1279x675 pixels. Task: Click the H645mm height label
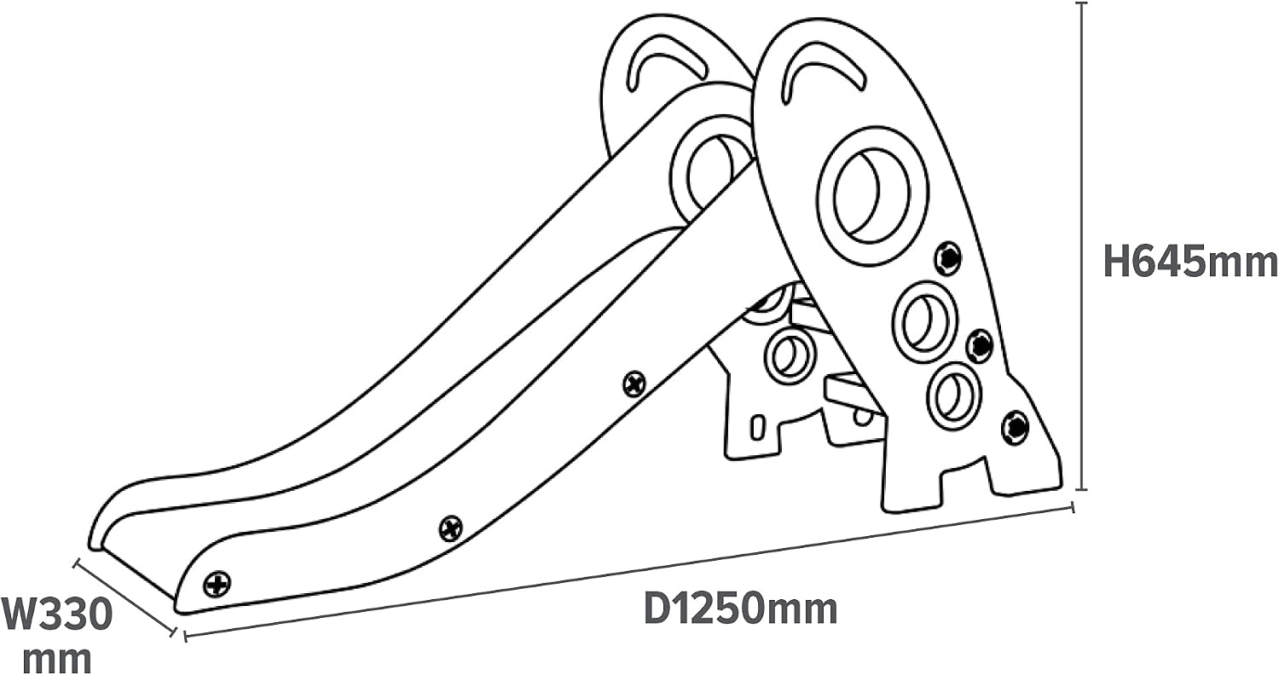click(x=1190, y=262)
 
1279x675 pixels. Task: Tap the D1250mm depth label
click(x=741, y=609)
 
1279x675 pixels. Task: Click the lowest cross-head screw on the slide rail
click(x=217, y=584)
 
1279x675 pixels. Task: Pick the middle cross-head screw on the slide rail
click(x=451, y=528)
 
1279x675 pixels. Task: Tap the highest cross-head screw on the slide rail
click(x=634, y=384)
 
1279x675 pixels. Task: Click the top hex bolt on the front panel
click(x=948, y=258)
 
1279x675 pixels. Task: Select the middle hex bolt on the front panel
click(x=980, y=346)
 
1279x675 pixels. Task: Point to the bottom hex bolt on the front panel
click(x=1016, y=427)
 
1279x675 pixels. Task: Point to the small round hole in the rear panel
click(x=790, y=355)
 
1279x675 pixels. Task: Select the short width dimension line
click(x=125, y=597)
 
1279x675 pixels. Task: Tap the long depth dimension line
click(x=628, y=571)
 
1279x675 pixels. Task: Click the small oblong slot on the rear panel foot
click(x=757, y=428)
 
